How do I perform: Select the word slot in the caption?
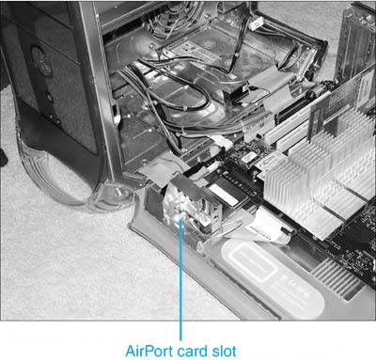tap(224, 351)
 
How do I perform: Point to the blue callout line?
tap(180, 279)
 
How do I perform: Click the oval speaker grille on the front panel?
tap(41, 62)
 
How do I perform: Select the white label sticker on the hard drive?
tap(195, 50)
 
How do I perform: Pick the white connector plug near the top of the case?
tap(257, 23)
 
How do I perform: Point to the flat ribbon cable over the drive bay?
tap(271, 85)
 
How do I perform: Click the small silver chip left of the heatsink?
tap(248, 159)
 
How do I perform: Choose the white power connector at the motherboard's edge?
tap(223, 143)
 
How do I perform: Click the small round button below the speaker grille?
tap(49, 97)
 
